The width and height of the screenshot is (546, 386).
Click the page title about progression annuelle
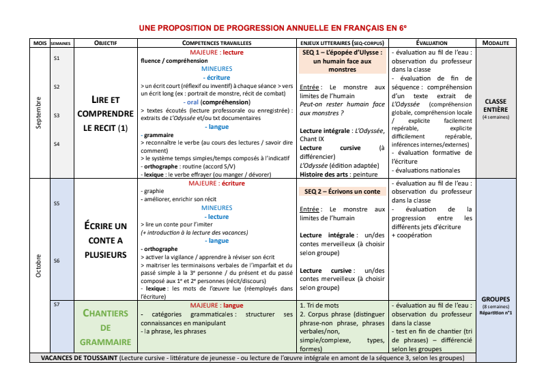tap(273, 28)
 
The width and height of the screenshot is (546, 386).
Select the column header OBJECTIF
tap(105, 43)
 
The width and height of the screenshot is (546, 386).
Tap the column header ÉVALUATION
tap(431, 43)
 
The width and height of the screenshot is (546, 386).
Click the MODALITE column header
tap(495, 43)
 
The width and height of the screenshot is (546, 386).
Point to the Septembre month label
tap(40, 113)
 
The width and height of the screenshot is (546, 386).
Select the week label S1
tap(57, 59)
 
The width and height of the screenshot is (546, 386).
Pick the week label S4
tap(57, 144)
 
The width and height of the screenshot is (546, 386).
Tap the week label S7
tap(57, 305)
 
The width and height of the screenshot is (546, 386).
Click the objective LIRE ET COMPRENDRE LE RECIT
tap(105, 113)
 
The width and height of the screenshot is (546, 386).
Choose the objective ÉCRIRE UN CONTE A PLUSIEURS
tap(105, 240)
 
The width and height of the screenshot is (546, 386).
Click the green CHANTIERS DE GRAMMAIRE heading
tap(105, 327)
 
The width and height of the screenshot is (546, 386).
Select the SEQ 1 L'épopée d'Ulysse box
tap(343, 61)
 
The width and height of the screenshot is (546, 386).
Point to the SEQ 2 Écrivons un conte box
tap(343, 192)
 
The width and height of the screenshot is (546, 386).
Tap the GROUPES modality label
tap(495, 299)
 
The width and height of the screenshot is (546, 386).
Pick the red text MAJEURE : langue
tap(216, 305)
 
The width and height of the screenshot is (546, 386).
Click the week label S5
tap(57, 203)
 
